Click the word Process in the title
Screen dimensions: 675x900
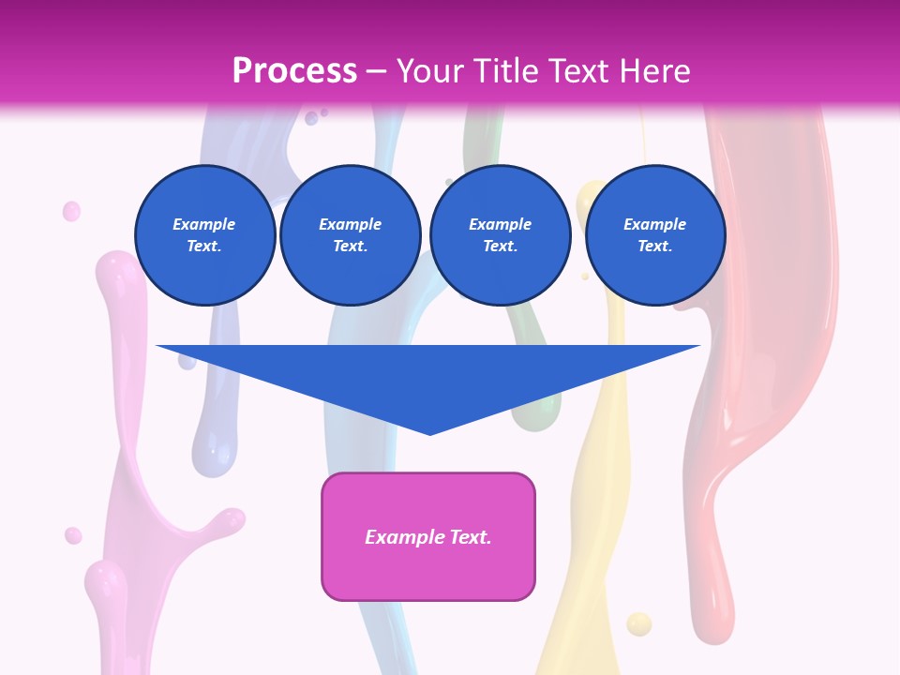coord(294,70)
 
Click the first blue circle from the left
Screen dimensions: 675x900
coord(205,235)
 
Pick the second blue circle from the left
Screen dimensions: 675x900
coord(351,235)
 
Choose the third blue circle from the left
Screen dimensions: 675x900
coord(501,235)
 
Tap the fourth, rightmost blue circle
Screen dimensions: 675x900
coord(655,235)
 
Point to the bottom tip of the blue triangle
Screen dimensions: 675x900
coord(429,433)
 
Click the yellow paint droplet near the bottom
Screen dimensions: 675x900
coord(638,622)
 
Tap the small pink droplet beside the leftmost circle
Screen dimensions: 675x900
coord(71,211)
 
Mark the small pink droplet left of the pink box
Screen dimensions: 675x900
coord(73,535)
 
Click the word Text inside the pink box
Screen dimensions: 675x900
coord(469,537)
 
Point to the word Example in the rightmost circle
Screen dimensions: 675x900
coord(655,224)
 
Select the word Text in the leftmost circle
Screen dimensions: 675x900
coord(204,247)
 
